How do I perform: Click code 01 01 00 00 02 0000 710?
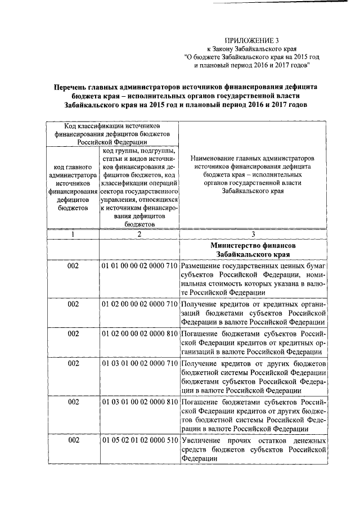140,265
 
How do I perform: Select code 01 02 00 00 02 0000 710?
140,304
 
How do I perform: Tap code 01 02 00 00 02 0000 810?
140,334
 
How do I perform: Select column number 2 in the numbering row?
139,235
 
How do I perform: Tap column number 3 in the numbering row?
253,235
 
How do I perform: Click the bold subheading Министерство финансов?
253,246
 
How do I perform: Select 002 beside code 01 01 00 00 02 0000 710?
73,265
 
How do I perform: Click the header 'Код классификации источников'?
112,127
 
